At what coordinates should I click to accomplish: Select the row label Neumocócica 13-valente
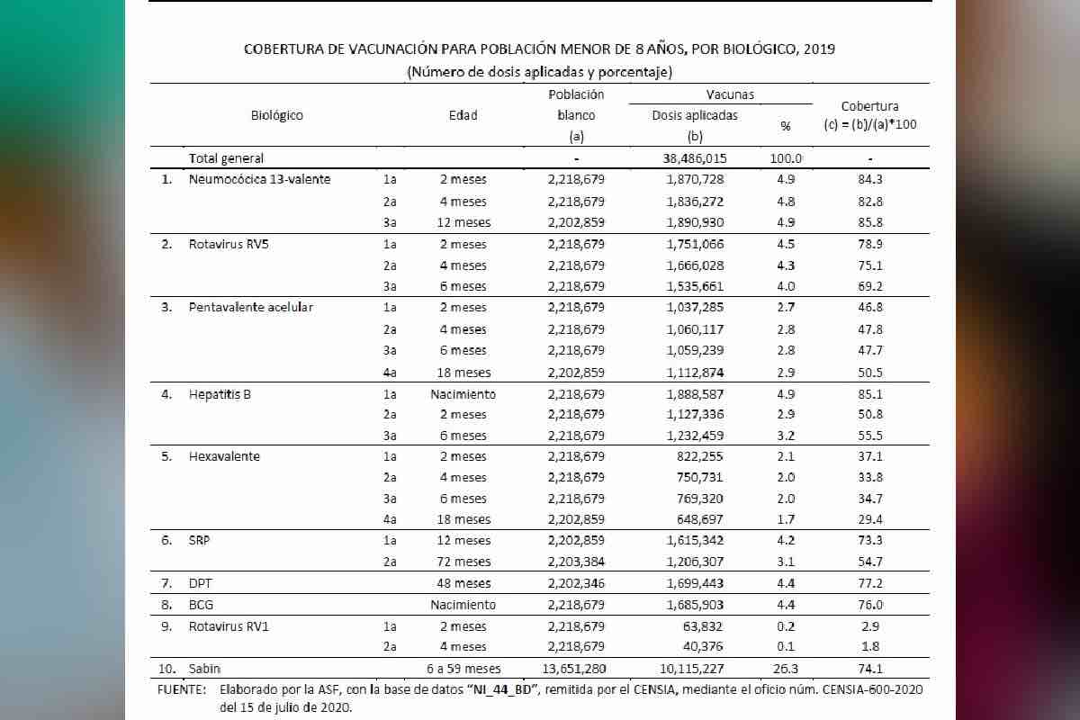(x=259, y=179)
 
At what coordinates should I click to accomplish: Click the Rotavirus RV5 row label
(x=224, y=244)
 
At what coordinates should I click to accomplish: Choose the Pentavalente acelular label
(x=250, y=308)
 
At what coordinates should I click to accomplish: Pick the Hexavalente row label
(x=224, y=456)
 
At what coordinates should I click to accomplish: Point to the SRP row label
(x=199, y=541)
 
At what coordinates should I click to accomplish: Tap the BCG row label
(x=200, y=605)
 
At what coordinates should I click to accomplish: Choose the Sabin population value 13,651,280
(x=576, y=669)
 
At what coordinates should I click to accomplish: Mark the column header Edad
(x=463, y=115)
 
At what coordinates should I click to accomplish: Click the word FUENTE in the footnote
(x=182, y=689)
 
